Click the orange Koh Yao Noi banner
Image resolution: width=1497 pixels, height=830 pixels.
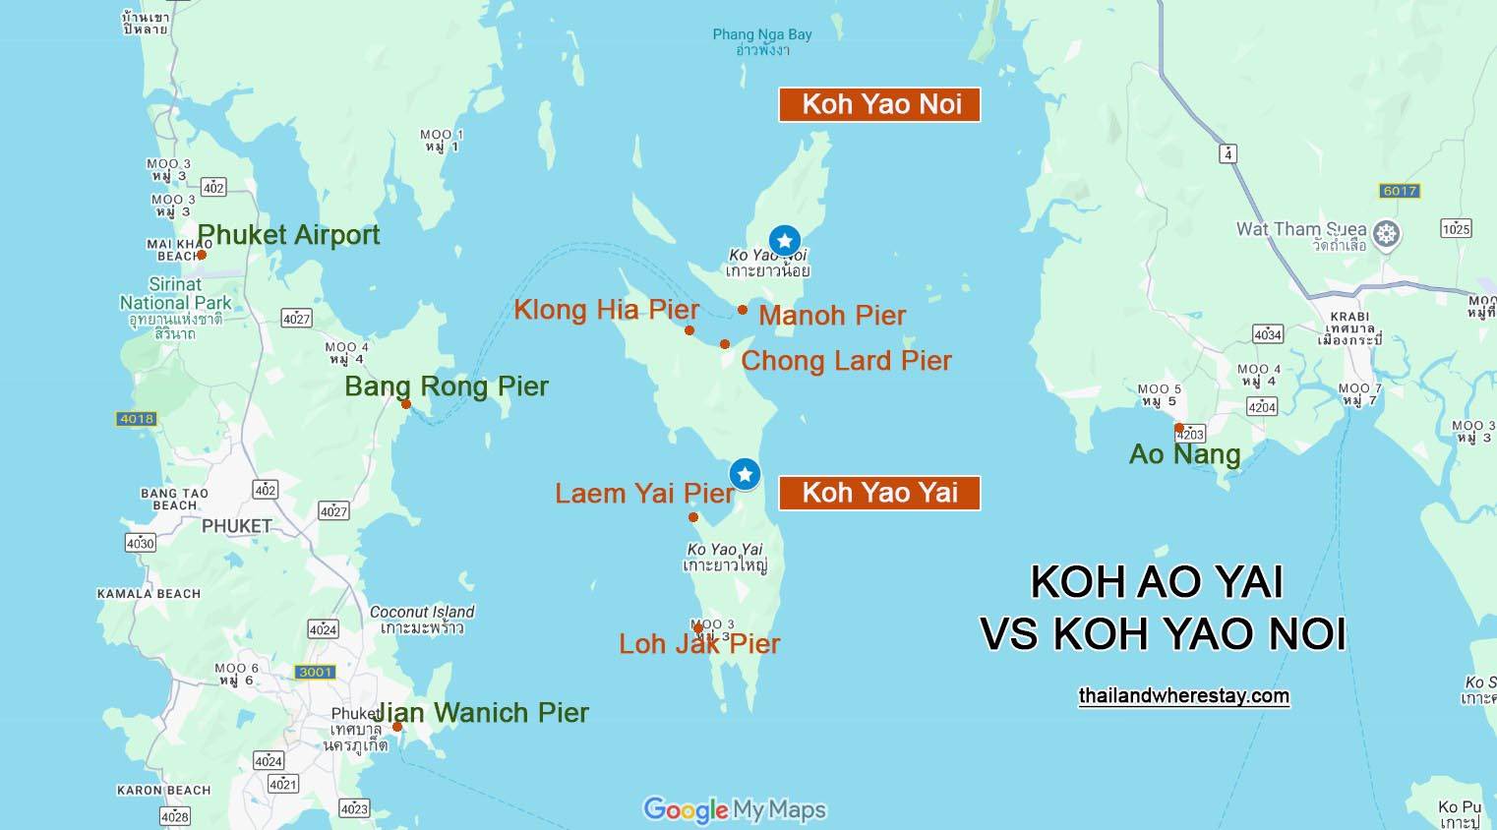[879, 104]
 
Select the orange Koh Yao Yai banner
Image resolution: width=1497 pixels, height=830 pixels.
[879, 493]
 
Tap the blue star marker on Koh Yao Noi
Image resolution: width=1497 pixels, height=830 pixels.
[784, 240]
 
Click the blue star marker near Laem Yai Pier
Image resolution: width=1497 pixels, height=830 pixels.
[745, 474]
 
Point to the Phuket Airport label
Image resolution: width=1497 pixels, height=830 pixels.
[288, 235]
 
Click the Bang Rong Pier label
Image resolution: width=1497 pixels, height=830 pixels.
[447, 386]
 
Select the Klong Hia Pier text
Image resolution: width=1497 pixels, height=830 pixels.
[606, 310]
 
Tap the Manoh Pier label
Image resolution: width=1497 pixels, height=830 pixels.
[832, 316]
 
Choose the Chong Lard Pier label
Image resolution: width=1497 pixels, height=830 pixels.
[846, 361]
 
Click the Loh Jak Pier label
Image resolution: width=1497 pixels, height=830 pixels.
[699, 644]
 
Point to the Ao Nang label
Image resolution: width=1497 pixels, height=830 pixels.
[1184, 454]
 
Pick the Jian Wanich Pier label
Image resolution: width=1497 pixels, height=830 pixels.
[481, 713]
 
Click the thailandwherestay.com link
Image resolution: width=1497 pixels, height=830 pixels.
[1183, 696]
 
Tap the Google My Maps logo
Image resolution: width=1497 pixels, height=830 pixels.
[735, 809]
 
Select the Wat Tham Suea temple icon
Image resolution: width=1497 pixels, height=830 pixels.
[1386, 234]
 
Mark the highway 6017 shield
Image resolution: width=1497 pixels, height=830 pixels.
[1400, 191]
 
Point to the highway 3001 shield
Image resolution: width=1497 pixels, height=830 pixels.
[316, 673]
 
